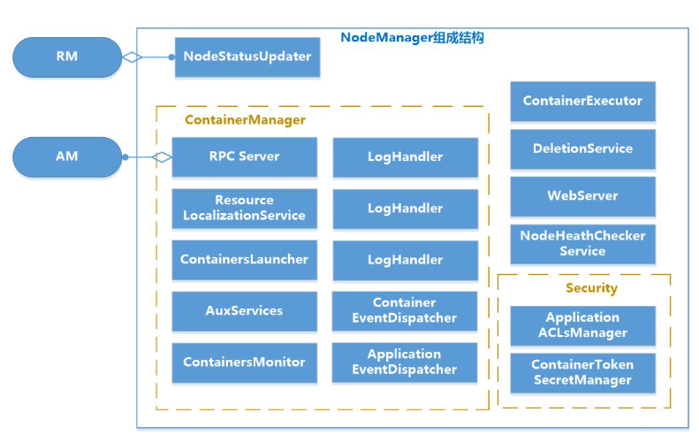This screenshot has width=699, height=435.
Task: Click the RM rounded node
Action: pyautogui.click(x=67, y=57)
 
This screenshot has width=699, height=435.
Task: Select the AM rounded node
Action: pyautogui.click(x=67, y=156)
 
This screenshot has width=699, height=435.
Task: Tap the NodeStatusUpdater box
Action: pyautogui.click(x=247, y=57)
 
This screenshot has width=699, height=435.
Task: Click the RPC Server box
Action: pyautogui.click(x=244, y=156)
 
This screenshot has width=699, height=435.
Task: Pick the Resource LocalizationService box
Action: pyautogui.click(x=244, y=208)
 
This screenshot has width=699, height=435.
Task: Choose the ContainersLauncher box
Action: pyautogui.click(x=244, y=260)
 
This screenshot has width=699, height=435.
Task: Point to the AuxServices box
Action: pyautogui.click(x=244, y=311)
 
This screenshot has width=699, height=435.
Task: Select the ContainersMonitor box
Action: pyautogui.click(x=244, y=362)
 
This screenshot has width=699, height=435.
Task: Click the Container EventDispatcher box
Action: pyautogui.click(x=404, y=311)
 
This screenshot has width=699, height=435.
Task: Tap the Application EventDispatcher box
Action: pyautogui.click(x=404, y=362)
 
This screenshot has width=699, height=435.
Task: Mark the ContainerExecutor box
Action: pyautogui.click(x=582, y=101)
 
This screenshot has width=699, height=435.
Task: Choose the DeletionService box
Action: pyautogui.click(x=582, y=149)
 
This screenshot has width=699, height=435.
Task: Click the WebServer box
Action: pyautogui.click(x=582, y=196)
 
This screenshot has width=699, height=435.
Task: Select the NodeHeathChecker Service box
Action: pyautogui.click(x=582, y=244)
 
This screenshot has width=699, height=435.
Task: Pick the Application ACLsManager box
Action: pyautogui.click(x=582, y=325)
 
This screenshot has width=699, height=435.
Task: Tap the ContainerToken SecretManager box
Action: pyautogui.click(x=582, y=373)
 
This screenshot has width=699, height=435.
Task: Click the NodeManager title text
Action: pyautogui.click(x=412, y=39)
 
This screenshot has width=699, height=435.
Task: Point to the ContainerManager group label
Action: pyautogui.click(x=245, y=120)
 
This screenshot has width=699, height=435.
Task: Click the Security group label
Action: pyautogui.click(x=591, y=288)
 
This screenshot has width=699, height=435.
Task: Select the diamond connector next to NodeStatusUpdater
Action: pyautogui.click(x=132, y=57)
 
